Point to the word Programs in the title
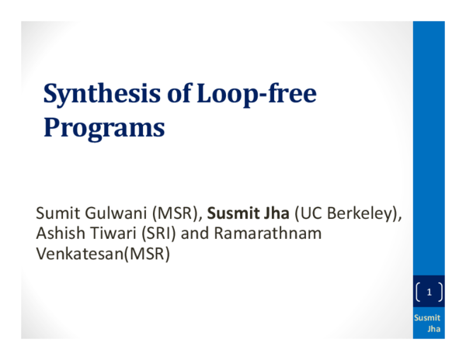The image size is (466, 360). tap(103, 126)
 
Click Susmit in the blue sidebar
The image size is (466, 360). tap(427, 317)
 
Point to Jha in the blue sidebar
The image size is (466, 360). tap(434, 329)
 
